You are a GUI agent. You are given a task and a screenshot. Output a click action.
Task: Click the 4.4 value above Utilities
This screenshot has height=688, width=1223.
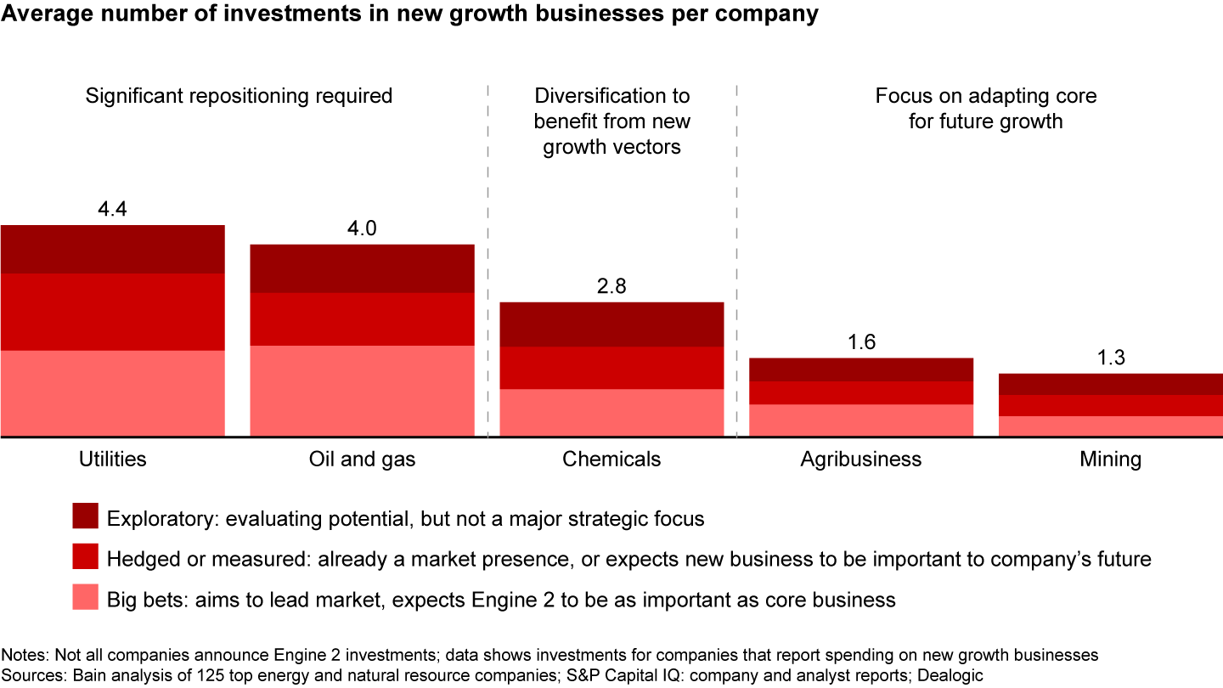coord(113,208)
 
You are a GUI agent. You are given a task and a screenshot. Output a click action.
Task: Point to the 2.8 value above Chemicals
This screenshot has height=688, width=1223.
coord(611,286)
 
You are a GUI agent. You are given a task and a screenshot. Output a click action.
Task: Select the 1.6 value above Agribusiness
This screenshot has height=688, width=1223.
coord(860,342)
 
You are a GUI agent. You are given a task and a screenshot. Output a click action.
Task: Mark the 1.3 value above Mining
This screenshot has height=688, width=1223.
coord(1110,358)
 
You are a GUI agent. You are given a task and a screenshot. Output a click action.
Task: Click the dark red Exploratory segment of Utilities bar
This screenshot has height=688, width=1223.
coord(113,249)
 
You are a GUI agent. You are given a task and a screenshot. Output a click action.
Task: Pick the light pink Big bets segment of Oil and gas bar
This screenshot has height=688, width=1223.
coord(362,391)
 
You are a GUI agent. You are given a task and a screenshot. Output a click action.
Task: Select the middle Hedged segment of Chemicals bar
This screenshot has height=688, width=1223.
coord(611,368)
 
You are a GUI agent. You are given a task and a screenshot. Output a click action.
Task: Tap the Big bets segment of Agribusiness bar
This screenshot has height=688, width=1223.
coord(860,420)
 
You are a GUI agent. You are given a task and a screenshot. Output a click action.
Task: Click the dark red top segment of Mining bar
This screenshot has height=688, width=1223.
coord(1110,384)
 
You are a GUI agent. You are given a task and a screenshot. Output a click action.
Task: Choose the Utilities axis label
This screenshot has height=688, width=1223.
coord(113,460)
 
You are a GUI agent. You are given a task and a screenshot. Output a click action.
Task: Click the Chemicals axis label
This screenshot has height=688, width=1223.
coord(611,460)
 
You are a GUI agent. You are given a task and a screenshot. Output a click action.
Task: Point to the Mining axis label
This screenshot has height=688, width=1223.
coord(1110,460)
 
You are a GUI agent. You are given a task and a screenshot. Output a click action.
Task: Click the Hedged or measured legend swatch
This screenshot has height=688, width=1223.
coord(87,557)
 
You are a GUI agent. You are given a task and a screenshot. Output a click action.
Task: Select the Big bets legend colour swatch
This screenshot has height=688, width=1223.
coord(87,598)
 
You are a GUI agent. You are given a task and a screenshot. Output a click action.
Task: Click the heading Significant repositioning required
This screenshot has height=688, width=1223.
coord(239,96)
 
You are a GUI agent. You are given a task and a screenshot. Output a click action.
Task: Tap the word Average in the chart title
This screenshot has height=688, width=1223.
coord(40,14)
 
